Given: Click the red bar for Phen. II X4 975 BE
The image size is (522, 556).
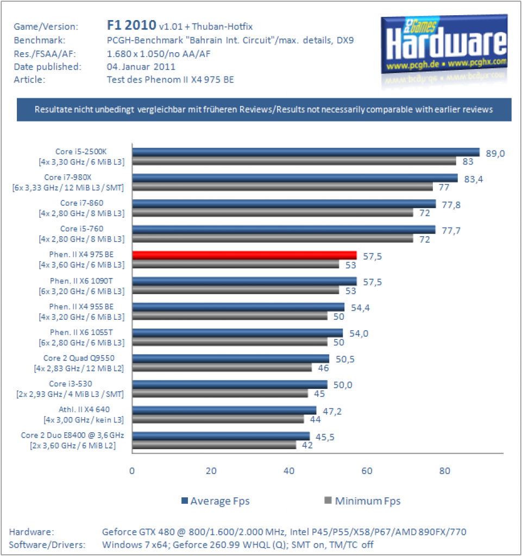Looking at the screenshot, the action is pyautogui.click(x=244, y=255).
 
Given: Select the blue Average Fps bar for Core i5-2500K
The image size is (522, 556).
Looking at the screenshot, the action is pyautogui.click(x=306, y=152).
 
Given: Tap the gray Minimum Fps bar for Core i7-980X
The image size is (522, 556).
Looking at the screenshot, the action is pyautogui.click(x=282, y=187).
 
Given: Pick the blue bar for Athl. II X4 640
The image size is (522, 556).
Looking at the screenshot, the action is pyautogui.click(x=224, y=410).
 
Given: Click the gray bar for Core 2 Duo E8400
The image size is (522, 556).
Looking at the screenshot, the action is pyautogui.click(x=214, y=445).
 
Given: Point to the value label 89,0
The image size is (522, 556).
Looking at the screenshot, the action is pyautogui.click(x=495, y=154).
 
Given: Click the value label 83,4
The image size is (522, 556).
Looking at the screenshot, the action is pyautogui.click(x=474, y=179).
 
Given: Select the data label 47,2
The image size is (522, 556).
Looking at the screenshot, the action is pyautogui.click(x=332, y=412).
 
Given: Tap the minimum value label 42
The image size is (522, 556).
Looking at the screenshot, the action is pyautogui.click(x=307, y=445).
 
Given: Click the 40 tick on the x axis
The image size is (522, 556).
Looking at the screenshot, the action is pyautogui.click(x=288, y=471).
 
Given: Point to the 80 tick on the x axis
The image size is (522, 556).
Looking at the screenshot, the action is pyautogui.click(x=444, y=471).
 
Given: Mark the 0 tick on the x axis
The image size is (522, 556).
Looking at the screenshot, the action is pyautogui.click(x=132, y=471).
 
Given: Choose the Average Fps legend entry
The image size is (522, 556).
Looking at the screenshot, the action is pyautogui.click(x=216, y=501).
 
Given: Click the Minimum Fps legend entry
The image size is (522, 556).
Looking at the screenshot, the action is pyautogui.click(x=362, y=501).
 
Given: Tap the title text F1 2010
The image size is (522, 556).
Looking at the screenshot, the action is pyautogui.click(x=131, y=25).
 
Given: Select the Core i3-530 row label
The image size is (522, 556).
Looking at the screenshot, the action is pyautogui.click(x=70, y=389).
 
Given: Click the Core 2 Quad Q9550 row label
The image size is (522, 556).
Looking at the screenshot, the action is pyautogui.click(x=79, y=363).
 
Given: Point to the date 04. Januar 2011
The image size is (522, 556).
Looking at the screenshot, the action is pyautogui.click(x=141, y=67).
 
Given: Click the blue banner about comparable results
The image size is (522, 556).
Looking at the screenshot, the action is pyautogui.click(x=264, y=110).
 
